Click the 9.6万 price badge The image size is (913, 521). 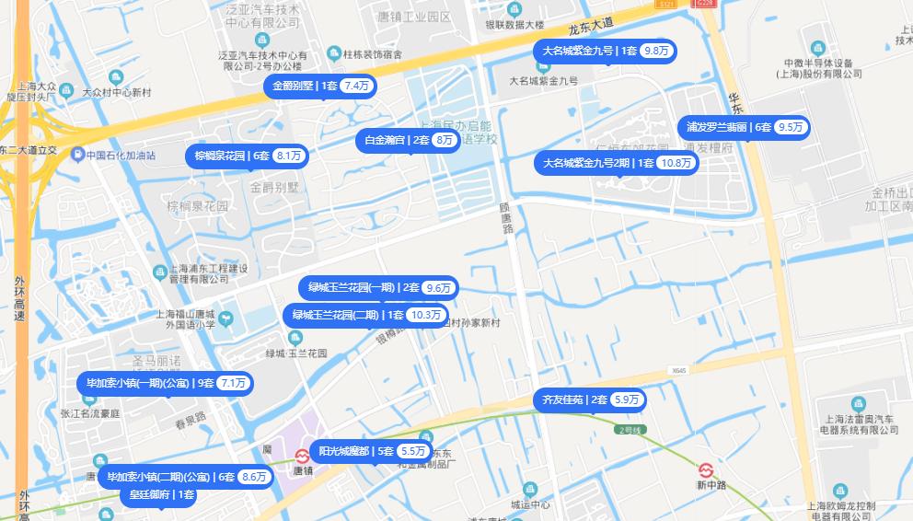(x=439, y=288)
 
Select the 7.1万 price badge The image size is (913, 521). (x=233, y=383)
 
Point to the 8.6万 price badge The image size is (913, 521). (x=253, y=477)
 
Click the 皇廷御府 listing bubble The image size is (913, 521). (x=159, y=495)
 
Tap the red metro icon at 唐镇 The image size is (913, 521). (x=302, y=456)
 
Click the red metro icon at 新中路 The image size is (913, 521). (x=707, y=469)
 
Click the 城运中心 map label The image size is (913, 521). (x=529, y=504)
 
